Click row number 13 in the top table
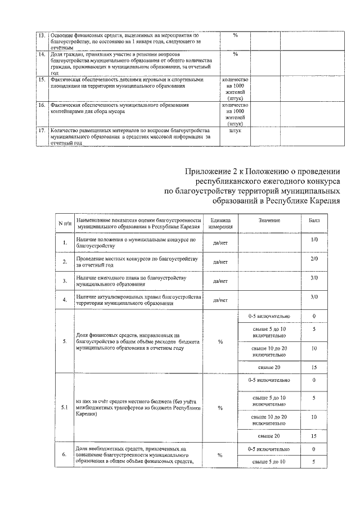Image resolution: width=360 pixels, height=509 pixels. pyautogui.click(x=41, y=35)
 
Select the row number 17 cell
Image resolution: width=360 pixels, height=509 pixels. pyautogui.click(x=41, y=130)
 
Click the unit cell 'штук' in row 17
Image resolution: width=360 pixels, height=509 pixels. pyautogui.click(x=235, y=130)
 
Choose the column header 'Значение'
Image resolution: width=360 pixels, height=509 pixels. pyautogui.click(x=269, y=220)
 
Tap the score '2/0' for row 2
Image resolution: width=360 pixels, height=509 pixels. pyautogui.click(x=314, y=259)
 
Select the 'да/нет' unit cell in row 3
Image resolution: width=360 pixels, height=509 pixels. pyautogui.click(x=220, y=281)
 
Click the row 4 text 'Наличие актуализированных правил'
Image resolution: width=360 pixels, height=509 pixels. pyautogui.click(x=137, y=296)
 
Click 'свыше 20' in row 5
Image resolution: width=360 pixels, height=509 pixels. pyautogui.click(x=269, y=367)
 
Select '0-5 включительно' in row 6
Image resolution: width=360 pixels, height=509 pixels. pyautogui.click(x=269, y=449)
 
